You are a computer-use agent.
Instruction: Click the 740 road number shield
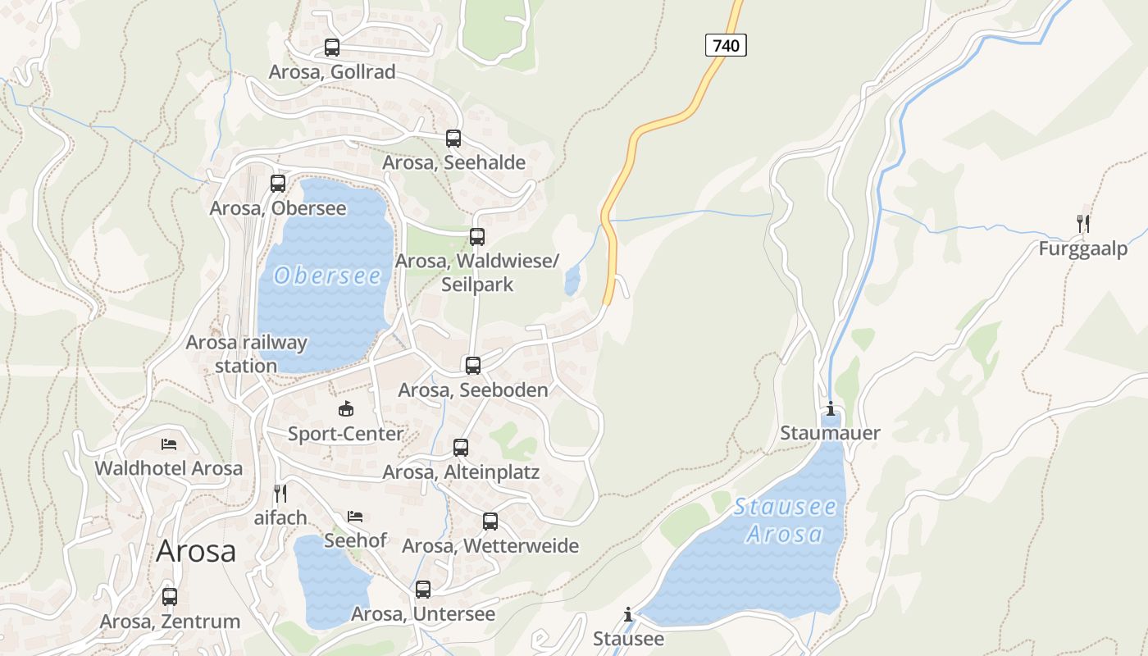(x=726, y=45)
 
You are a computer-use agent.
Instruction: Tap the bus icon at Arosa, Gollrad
(x=332, y=48)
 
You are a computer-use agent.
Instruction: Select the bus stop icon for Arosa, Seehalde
(x=453, y=139)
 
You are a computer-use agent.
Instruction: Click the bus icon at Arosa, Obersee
(x=278, y=184)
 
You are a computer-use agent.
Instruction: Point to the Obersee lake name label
(x=328, y=276)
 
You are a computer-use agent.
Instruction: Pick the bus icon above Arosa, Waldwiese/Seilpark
(x=477, y=237)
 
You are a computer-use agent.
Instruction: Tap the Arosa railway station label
(x=246, y=354)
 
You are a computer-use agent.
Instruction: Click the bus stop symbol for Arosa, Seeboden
(x=473, y=366)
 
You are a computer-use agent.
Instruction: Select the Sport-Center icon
(x=345, y=408)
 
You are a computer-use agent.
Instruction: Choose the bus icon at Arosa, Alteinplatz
(x=461, y=448)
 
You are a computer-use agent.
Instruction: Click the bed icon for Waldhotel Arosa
(x=169, y=444)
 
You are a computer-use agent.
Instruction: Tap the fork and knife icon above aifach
(x=280, y=493)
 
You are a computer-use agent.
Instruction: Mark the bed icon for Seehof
(x=355, y=517)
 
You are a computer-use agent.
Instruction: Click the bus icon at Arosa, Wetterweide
(x=490, y=522)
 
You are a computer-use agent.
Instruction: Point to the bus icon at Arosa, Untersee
(x=423, y=590)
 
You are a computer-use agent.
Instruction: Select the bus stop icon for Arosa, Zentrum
(x=170, y=597)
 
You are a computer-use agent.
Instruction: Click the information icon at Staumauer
(x=831, y=408)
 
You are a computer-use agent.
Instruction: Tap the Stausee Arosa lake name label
(x=786, y=521)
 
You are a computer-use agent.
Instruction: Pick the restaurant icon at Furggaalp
(x=1083, y=223)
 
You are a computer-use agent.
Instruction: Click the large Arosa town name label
(x=196, y=550)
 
